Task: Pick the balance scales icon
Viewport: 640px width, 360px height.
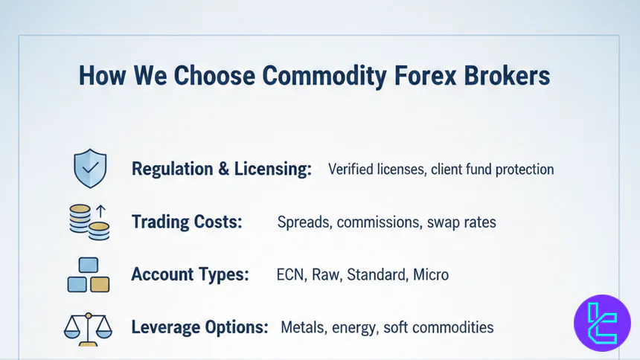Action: pos(88,327)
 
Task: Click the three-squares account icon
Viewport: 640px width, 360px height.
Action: pos(88,275)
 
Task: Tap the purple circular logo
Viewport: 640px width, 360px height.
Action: pos(602,323)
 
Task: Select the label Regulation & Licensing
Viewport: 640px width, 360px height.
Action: pos(221,169)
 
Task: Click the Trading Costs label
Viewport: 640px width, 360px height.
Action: pos(187,222)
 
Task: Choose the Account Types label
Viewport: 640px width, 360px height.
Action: pos(190,274)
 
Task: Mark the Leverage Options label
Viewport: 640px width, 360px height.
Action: pos(200,327)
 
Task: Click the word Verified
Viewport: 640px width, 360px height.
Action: pos(352,170)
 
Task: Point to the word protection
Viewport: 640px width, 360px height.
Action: pos(522,170)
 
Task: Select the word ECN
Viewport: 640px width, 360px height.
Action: pos(289,274)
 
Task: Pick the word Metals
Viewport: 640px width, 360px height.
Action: pos(301,327)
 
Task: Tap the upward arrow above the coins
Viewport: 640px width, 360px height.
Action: pos(103,210)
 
